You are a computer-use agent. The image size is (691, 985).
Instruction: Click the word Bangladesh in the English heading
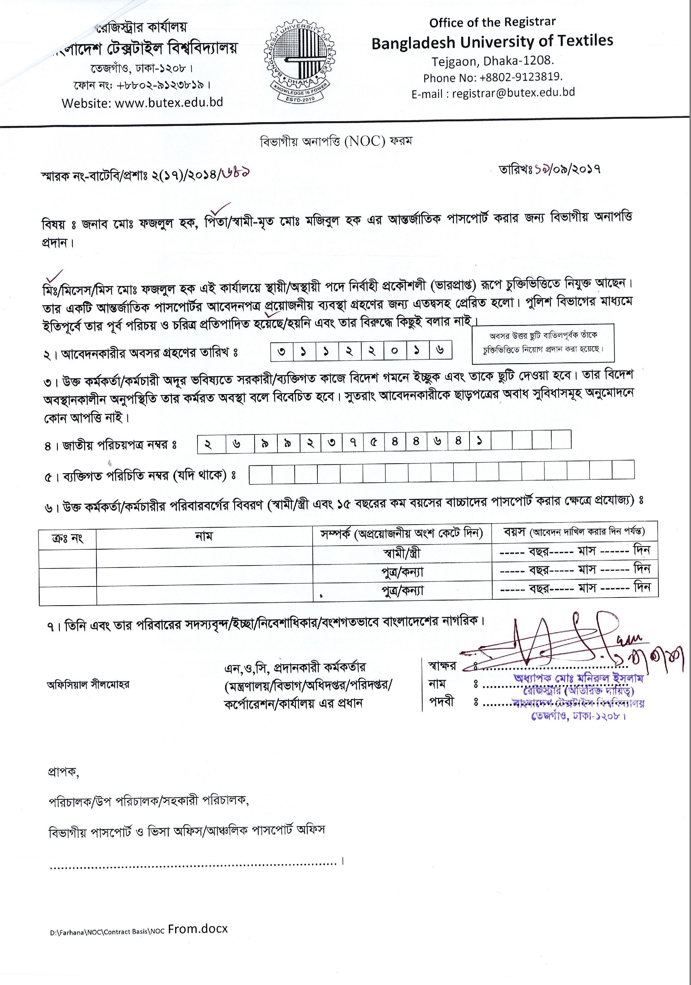(x=413, y=43)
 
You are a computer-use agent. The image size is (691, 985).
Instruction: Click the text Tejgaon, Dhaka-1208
(x=493, y=61)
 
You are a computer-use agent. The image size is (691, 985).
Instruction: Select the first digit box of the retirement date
(x=282, y=351)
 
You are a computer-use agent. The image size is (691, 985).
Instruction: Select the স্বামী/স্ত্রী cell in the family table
(x=402, y=553)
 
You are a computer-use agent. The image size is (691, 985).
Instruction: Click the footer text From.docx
(x=198, y=929)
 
